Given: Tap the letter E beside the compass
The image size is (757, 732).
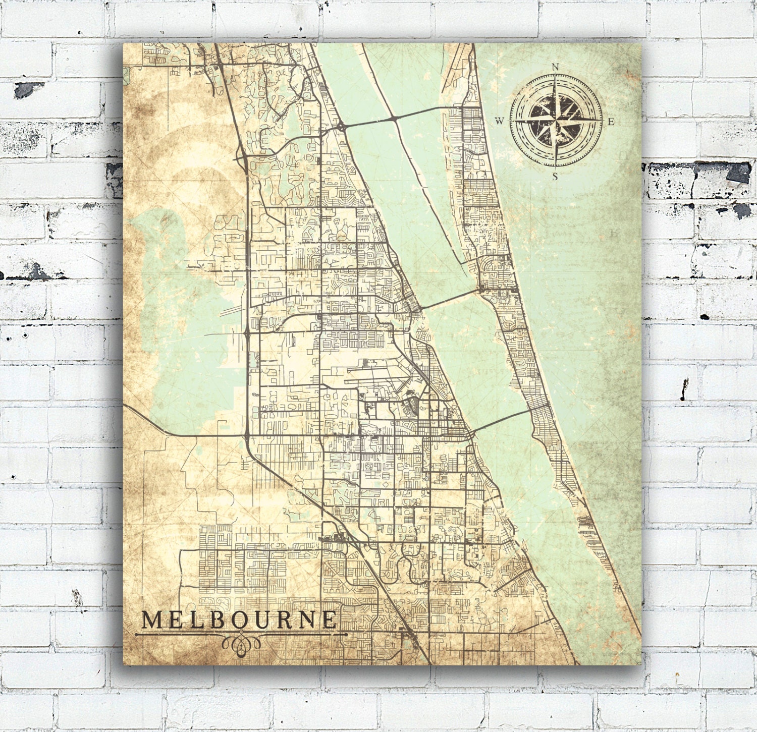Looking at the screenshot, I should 610,121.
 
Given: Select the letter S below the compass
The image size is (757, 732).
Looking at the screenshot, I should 555,176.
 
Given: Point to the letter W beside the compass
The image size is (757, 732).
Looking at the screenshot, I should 499,121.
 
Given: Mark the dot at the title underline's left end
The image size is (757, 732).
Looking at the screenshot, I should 137,634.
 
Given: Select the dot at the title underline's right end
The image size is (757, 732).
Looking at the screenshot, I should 346,634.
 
